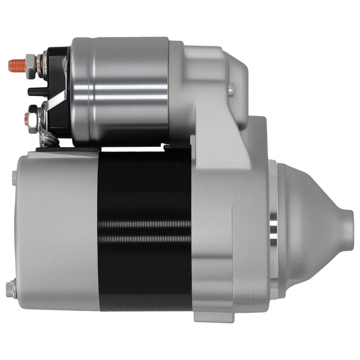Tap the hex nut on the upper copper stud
[x=30, y=64]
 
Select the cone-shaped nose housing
[x=310, y=230]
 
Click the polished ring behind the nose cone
[x=273, y=230]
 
